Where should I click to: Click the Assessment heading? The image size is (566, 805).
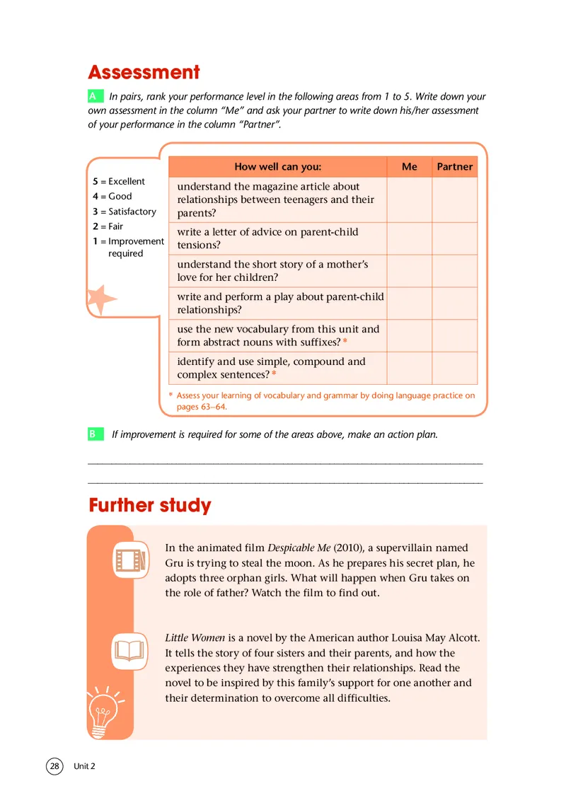(144, 72)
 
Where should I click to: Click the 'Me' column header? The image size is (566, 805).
(409, 167)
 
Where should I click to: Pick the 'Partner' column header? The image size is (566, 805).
(454, 167)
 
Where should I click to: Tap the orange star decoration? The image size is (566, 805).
(100, 300)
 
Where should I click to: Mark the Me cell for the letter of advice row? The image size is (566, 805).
(409, 238)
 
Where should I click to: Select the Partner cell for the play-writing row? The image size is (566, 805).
(454, 303)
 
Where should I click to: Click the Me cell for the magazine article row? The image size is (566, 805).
(409, 199)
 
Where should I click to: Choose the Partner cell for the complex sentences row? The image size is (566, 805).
(454, 368)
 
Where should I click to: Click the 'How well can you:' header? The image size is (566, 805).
(277, 167)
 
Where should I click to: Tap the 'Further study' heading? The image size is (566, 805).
(150, 506)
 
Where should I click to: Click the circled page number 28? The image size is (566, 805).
(55, 766)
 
